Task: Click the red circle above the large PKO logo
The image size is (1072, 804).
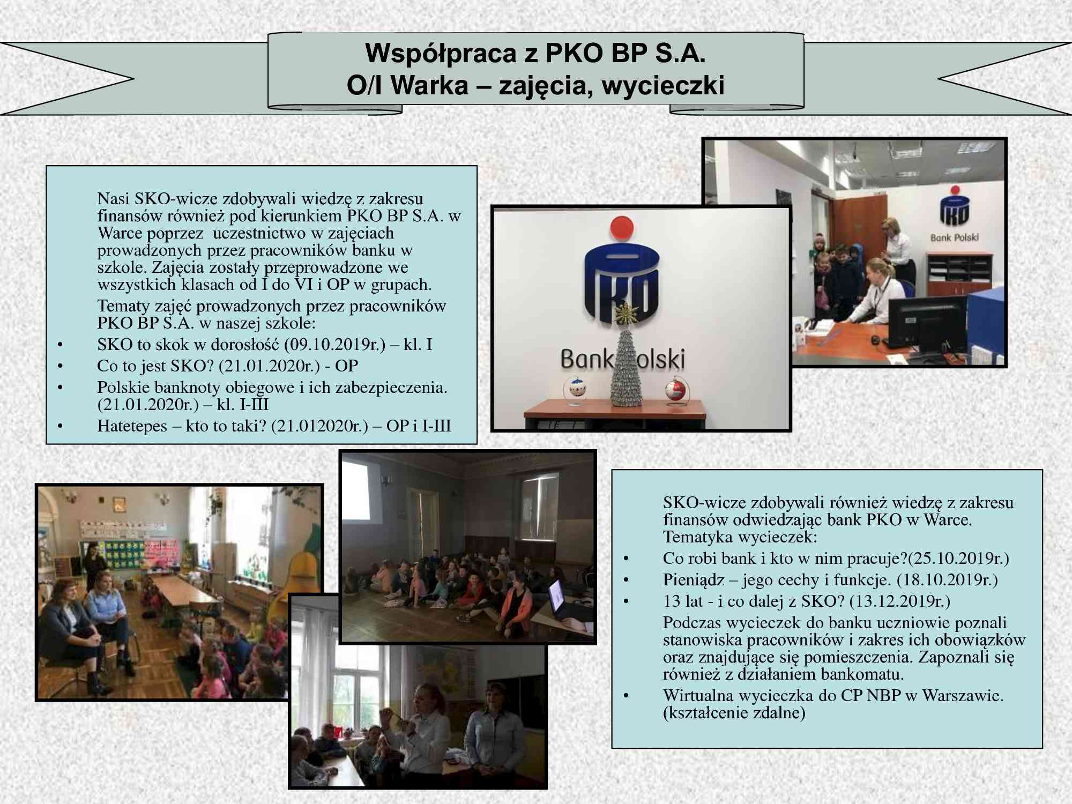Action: tap(622, 227)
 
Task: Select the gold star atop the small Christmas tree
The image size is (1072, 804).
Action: tap(624, 313)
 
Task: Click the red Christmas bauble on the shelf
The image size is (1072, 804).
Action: tap(675, 390)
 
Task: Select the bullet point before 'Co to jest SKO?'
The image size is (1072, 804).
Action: tap(60, 366)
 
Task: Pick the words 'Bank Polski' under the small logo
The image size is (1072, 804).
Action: tap(954, 237)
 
